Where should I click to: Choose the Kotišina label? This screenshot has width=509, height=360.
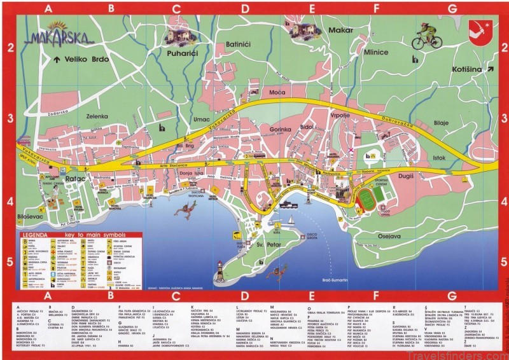(x=468, y=69)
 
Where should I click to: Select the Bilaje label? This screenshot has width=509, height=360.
(x=441, y=123)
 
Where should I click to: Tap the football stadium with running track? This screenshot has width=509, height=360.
(x=367, y=200)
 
